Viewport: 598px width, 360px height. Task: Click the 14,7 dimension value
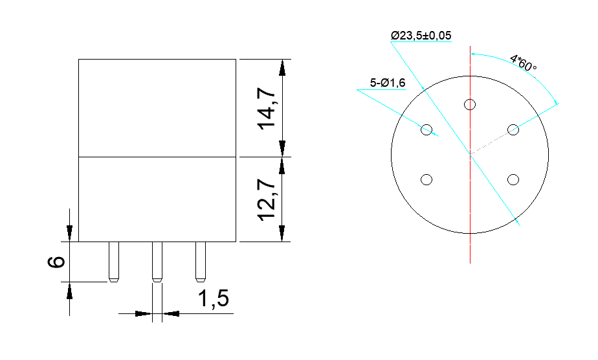(x=268, y=108)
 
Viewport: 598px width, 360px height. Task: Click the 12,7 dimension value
(x=268, y=199)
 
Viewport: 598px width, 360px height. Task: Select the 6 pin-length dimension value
(x=57, y=262)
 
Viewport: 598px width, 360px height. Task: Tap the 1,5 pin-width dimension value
(x=213, y=299)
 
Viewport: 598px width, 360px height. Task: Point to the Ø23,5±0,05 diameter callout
(x=421, y=35)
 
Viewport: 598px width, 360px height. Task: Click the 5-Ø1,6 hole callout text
(x=388, y=83)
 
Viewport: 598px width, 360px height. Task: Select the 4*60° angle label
(x=524, y=63)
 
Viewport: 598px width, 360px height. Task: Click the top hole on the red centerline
(x=470, y=104)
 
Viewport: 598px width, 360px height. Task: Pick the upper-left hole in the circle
(x=426, y=129)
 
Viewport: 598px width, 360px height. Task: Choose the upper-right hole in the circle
(x=513, y=129)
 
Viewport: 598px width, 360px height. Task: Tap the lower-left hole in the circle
(x=426, y=179)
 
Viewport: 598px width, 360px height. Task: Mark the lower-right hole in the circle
(x=513, y=179)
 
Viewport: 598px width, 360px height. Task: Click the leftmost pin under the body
(x=113, y=262)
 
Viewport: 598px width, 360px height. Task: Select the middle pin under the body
(x=157, y=262)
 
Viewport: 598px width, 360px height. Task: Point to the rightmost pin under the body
(x=200, y=262)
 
